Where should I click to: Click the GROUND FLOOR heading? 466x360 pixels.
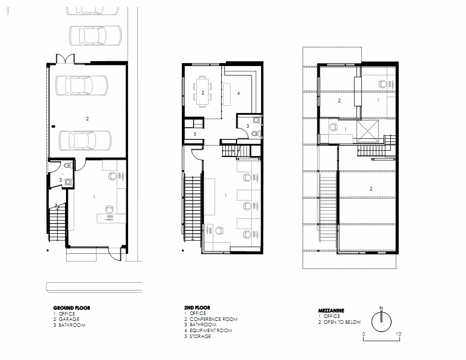71,308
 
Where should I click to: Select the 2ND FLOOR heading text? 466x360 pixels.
197,308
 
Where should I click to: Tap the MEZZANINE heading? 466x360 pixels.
331,311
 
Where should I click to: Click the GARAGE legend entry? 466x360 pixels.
69,319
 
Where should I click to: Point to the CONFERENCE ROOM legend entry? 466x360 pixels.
213,319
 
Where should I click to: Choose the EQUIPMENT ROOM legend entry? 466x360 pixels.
211,331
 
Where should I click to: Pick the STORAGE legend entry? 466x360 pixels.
200,336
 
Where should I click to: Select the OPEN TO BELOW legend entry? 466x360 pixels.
342,322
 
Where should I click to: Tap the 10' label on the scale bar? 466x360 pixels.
399,334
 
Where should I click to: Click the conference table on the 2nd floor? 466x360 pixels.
203,91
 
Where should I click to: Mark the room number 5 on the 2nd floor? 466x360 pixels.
195,134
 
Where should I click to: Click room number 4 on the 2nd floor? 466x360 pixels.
238,93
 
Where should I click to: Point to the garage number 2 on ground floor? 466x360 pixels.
88,118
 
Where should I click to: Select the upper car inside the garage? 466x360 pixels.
82,85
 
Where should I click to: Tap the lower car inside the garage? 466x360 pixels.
85,140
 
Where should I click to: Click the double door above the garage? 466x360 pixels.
65,59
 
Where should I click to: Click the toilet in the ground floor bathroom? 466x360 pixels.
68,165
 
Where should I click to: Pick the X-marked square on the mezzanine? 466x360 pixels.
368,131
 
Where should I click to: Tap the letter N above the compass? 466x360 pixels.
381,308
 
